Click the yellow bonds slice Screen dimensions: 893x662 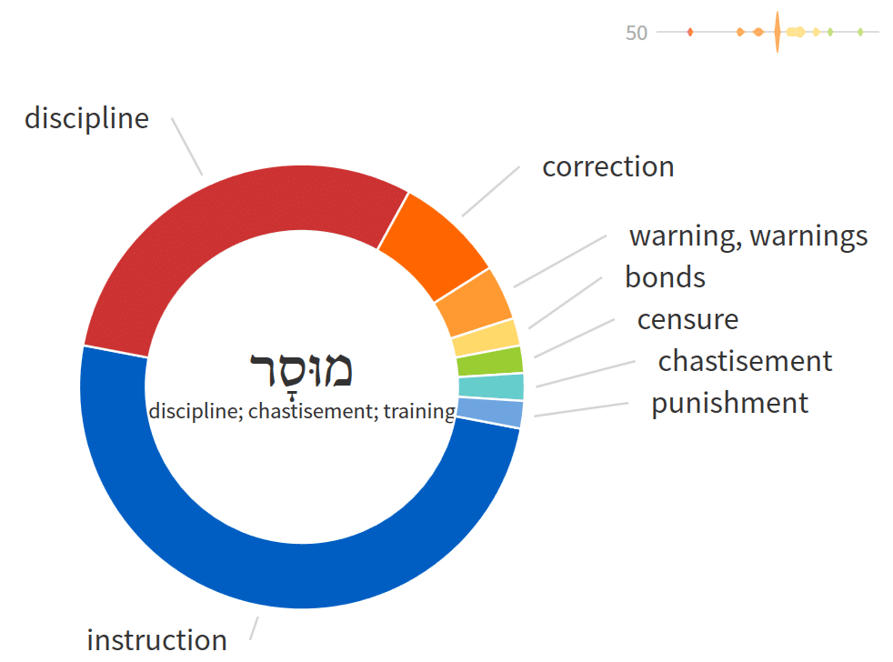(x=486, y=338)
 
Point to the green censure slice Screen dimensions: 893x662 (x=490, y=362)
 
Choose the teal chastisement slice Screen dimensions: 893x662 (x=491, y=386)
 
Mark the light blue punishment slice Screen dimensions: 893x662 (x=490, y=412)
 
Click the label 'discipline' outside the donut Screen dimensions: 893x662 (x=86, y=119)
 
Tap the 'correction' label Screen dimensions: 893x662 (x=607, y=167)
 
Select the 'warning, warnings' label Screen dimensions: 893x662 (x=748, y=236)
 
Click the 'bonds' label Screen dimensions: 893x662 (x=665, y=277)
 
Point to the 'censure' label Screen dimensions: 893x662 (x=687, y=319)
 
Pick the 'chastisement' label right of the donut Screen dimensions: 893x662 (x=745, y=361)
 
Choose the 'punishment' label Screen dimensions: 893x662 (x=729, y=404)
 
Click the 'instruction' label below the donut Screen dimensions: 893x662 (x=156, y=640)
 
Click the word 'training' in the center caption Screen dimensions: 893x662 (x=419, y=411)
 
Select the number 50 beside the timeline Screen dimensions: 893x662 (x=637, y=33)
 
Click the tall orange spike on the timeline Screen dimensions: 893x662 (x=778, y=32)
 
